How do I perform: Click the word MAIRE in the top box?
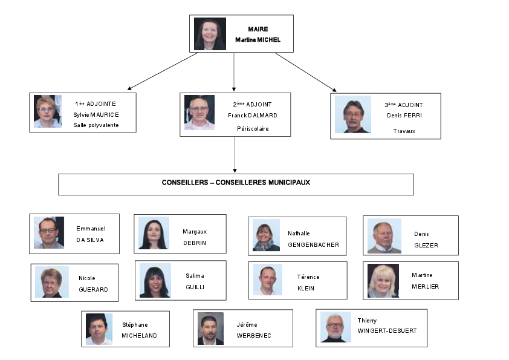[x=258, y=29]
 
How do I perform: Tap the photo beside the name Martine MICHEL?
[x=210, y=34]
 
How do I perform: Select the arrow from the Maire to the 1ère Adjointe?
[x=163, y=71]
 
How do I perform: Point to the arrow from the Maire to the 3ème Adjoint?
[x=306, y=73]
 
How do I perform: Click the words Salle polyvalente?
[x=96, y=125]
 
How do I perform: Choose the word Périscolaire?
[x=253, y=129]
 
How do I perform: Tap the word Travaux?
[x=404, y=131]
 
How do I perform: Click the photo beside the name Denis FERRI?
[x=353, y=114]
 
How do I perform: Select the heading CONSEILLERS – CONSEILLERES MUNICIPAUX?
[x=236, y=183]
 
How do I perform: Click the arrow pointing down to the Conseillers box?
[x=235, y=155]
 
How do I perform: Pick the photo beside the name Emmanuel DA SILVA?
[x=49, y=232]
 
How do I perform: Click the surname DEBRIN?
[x=195, y=243]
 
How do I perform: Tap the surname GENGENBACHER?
[x=314, y=245]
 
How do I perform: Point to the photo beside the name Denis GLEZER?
[x=384, y=236]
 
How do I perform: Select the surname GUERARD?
[x=93, y=289]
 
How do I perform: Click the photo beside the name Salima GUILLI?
[x=155, y=280]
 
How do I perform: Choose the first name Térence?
[x=308, y=277]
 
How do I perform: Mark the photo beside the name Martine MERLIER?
[x=383, y=281]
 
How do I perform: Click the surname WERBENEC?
[x=254, y=336]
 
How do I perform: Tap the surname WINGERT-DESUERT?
[x=387, y=331]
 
